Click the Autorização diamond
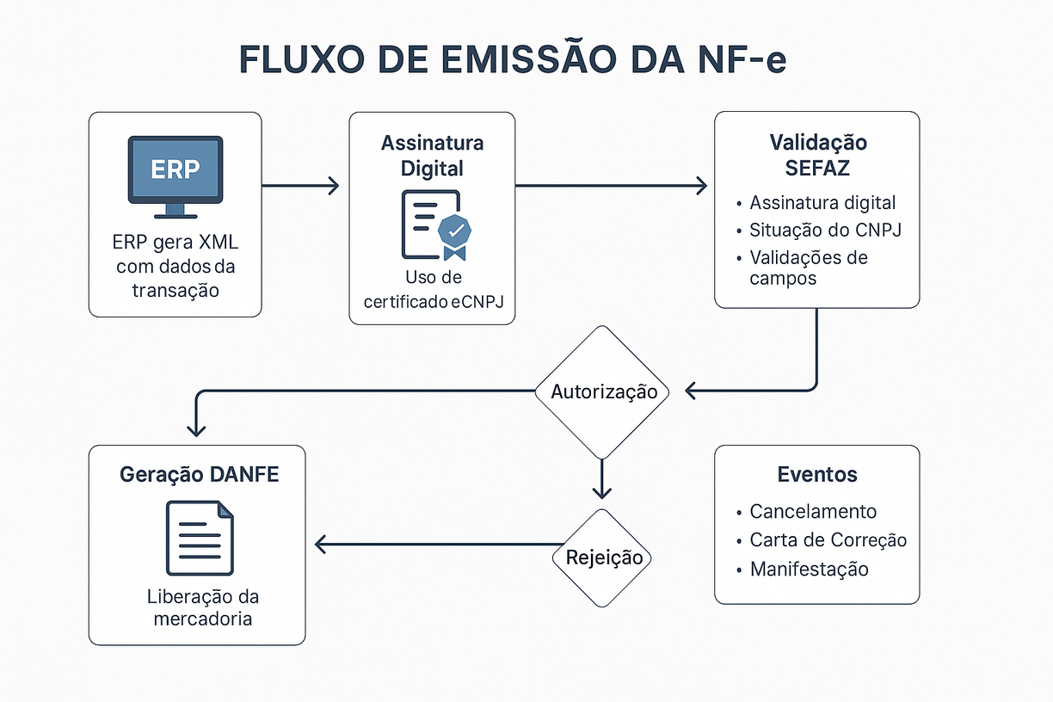602,392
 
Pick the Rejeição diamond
604,557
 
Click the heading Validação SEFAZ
817,154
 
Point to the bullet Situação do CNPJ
825,231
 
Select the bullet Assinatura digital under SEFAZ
822,203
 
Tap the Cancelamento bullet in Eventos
813,512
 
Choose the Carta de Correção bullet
828,540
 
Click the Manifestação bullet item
809,570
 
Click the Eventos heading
817,475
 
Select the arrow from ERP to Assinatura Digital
300,185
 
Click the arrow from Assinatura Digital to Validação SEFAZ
611,185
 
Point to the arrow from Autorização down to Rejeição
602,478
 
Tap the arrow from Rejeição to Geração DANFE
439,544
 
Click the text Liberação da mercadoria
203,607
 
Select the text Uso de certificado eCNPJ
432,290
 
